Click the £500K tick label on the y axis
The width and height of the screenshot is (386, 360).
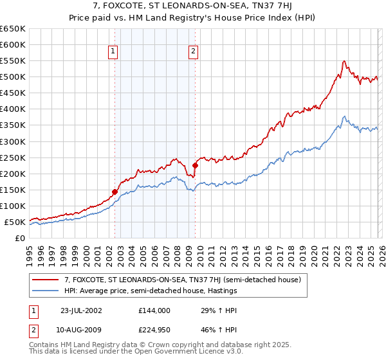pos(13,77)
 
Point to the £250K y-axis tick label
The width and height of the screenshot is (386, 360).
pos(13,157)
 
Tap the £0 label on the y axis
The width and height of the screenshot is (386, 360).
pos(21,239)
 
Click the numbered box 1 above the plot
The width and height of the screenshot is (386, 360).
pos(113,52)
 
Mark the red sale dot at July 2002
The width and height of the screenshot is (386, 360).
pos(115,192)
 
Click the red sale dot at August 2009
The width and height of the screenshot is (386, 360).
pos(195,165)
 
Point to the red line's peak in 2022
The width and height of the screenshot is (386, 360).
pos(345,61)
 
